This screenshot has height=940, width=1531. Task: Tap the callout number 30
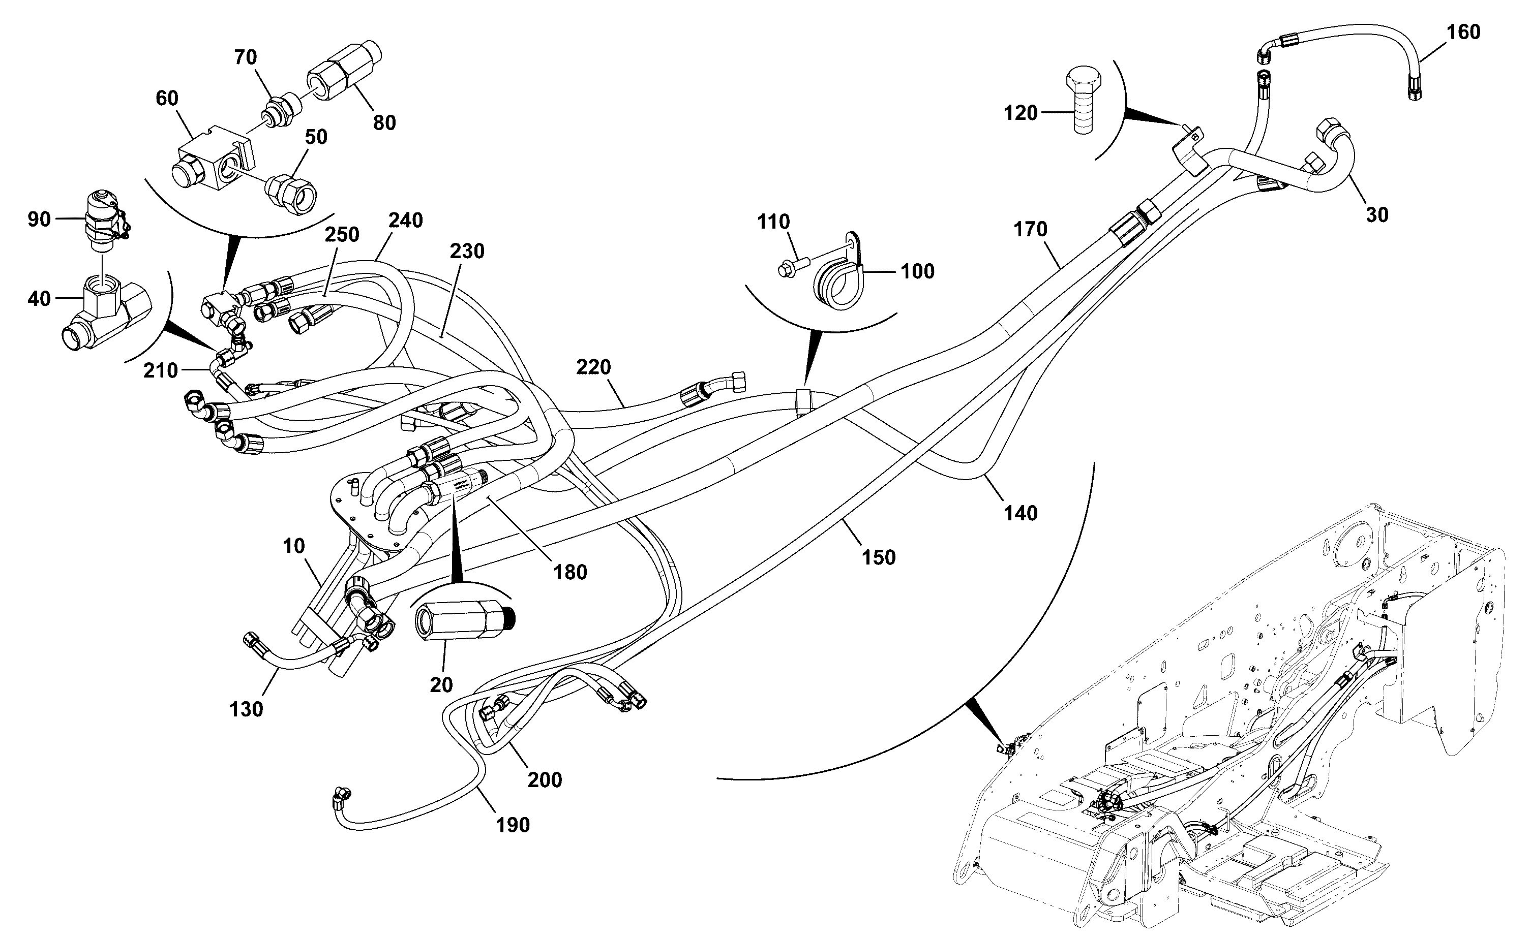(x=1377, y=214)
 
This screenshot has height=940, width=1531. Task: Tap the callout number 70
(x=246, y=57)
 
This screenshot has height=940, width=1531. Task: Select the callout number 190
(x=513, y=825)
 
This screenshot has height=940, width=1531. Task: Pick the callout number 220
(x=593, y=367)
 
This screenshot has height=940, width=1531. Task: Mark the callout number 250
(x=342, y=234)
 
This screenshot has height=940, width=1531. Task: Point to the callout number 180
(x=570, y=572)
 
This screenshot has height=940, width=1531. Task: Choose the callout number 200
(x=545, y=779)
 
